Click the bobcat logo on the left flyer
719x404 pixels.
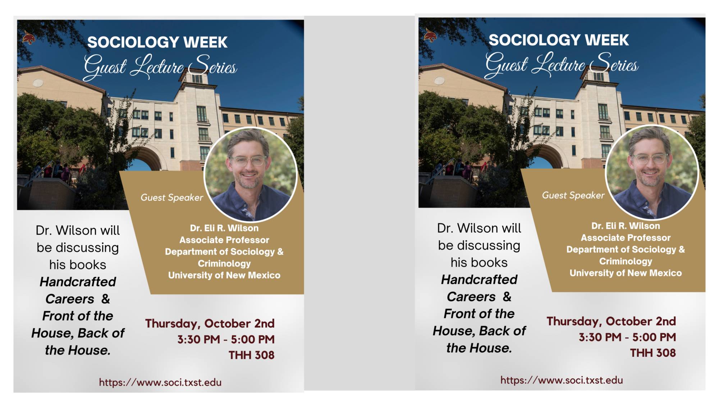[29, 37]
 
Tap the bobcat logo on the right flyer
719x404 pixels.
[430, 35]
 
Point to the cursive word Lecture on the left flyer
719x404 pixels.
[157, 67]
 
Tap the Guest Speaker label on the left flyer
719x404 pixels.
[171, 198]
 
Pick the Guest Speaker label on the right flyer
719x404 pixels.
[573, 195]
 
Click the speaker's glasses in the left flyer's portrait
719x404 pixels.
[248, 161]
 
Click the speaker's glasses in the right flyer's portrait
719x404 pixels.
[650, 158]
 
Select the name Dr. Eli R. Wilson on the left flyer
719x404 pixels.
[224, 228]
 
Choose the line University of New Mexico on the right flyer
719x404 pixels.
[626, 273]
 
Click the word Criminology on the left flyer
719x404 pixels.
[224, 263]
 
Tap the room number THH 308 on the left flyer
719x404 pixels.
[251, 355]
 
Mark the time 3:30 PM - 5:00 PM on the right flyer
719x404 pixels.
[627, 337]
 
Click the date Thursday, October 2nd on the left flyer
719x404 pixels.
[210, 324]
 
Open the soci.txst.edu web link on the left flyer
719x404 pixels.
[160, 382]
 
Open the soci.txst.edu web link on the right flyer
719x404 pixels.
[562, 380]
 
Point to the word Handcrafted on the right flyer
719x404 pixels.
[479, 279]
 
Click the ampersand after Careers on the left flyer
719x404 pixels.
[105, 299]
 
